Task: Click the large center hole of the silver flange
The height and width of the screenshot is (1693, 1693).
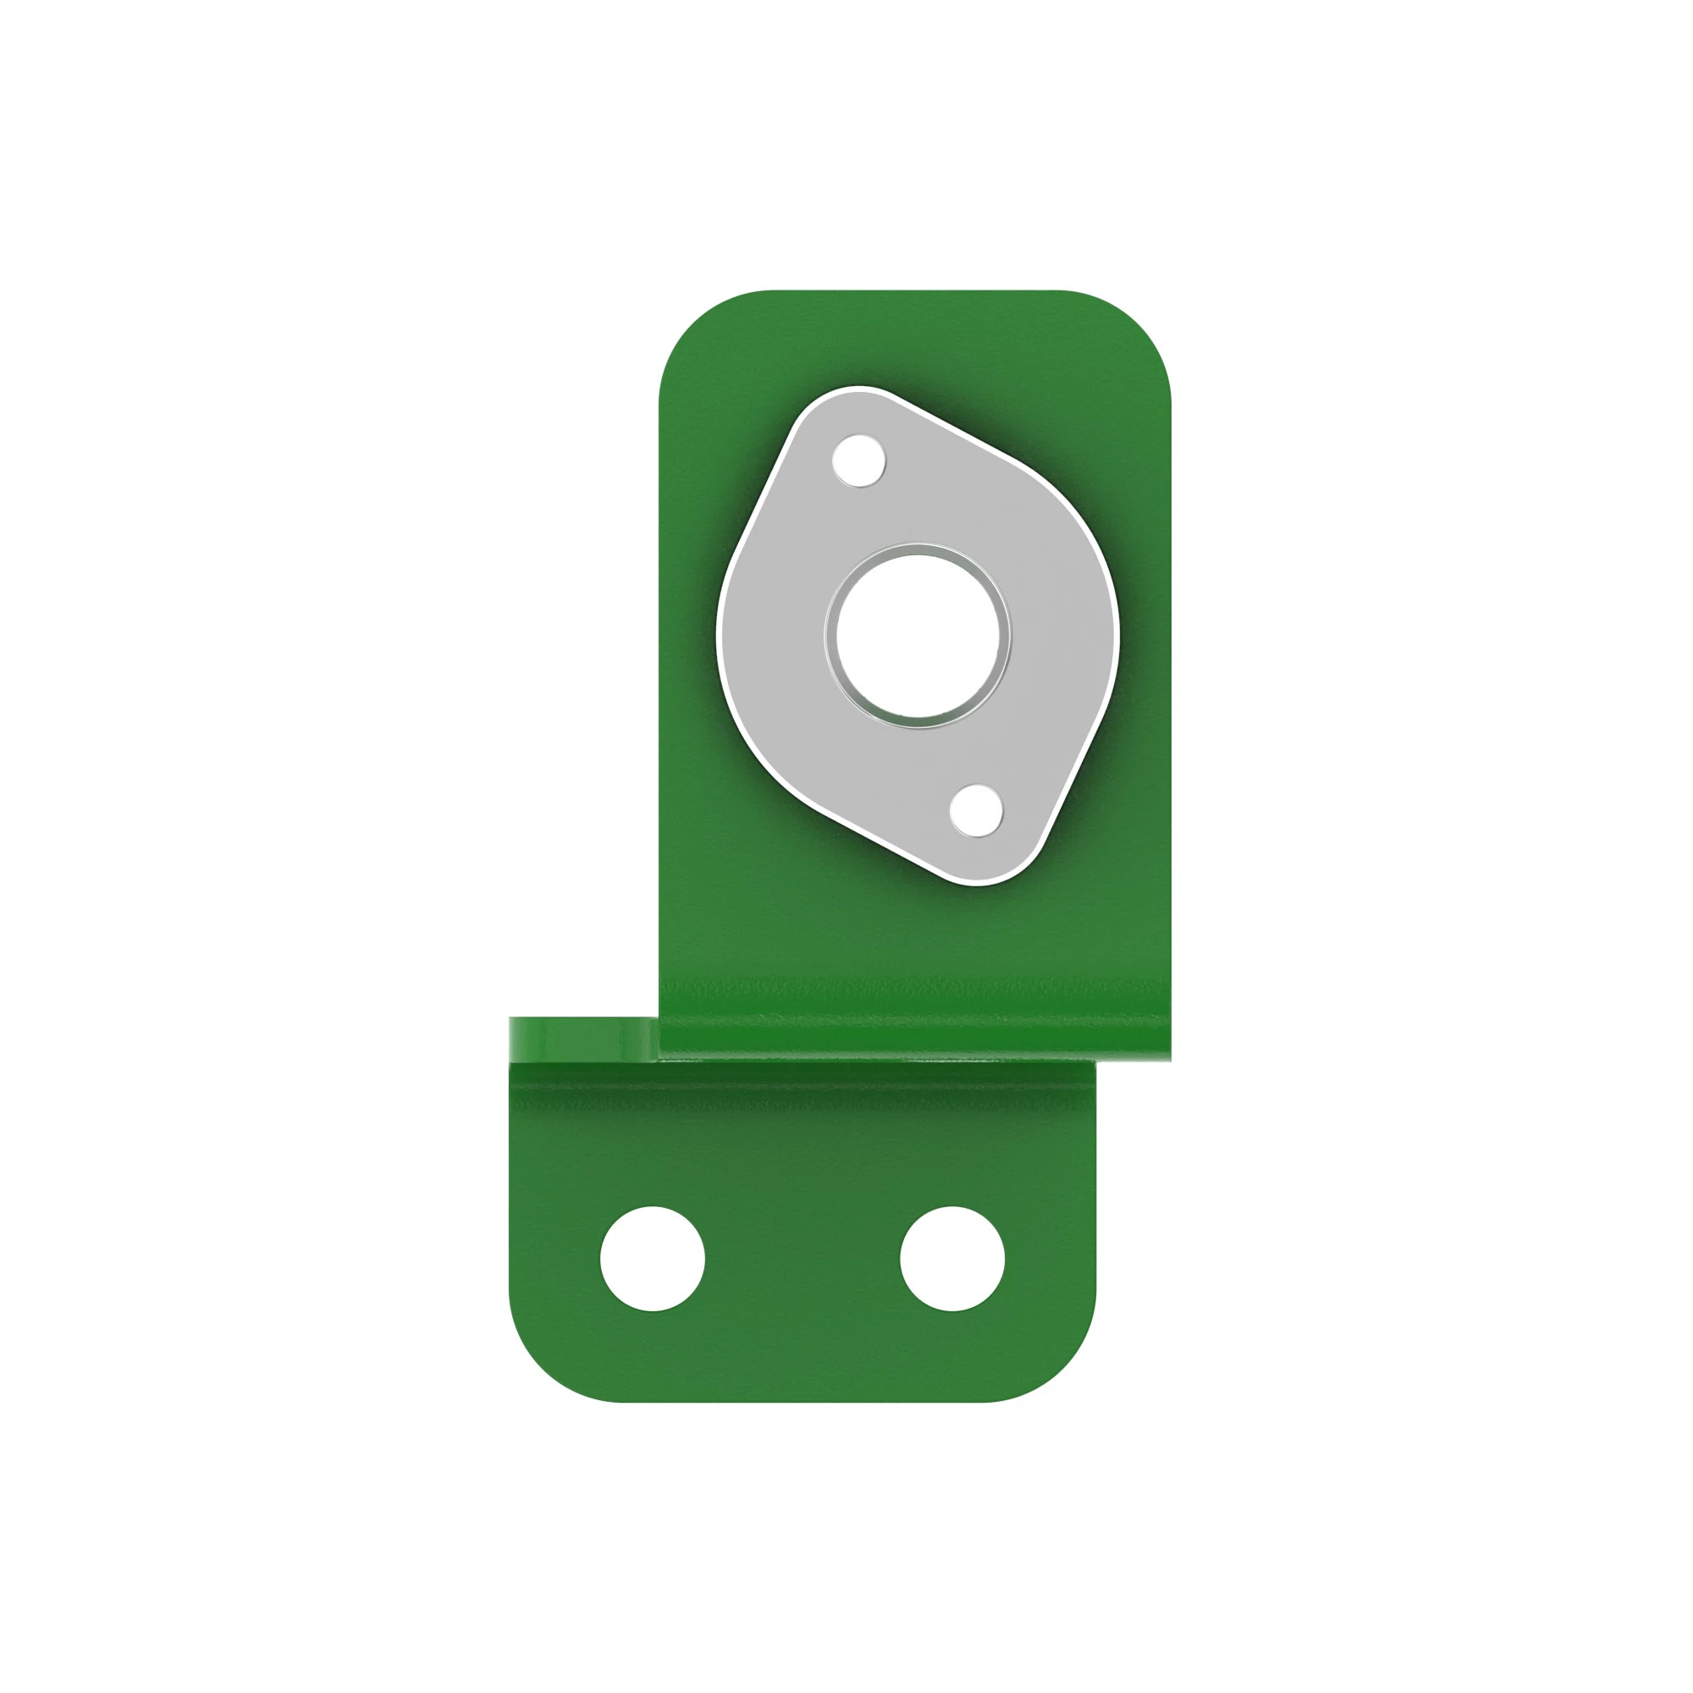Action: (x=918, y=637)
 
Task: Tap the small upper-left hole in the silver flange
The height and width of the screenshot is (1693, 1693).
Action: (x=858, y=460)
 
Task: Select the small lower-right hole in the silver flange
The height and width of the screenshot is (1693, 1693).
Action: (x=975, y=810)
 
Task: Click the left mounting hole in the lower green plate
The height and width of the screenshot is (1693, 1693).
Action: (x=652, y=1259)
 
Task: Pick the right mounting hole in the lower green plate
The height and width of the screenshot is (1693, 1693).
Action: (x=952, y=1259)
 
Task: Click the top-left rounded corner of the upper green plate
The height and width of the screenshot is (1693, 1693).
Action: (x=692, y=324)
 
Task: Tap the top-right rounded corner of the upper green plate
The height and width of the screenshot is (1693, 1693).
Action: (x=1137, y=324)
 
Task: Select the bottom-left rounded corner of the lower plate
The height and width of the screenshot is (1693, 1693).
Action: (x=543, y=1367)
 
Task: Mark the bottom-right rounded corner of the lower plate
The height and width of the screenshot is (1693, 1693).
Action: (x=1062, y=1367)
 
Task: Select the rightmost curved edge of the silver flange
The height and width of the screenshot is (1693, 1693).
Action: (x=1117, y=631)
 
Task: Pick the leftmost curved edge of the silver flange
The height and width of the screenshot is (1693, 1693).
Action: (x=720, y=631)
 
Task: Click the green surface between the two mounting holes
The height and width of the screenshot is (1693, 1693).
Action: (x=802, y=1259)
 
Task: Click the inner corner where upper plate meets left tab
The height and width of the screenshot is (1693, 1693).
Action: (x=659, y=1019)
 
